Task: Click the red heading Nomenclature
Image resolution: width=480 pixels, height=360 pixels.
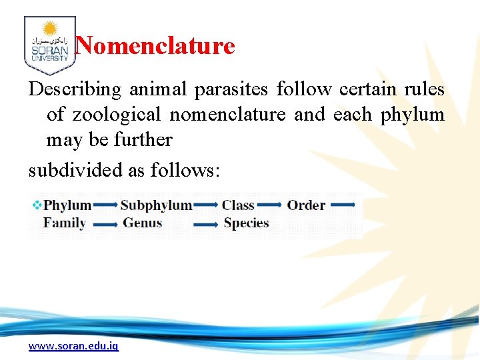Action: (155, 46)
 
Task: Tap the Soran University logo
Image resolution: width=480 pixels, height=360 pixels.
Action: (49, 45)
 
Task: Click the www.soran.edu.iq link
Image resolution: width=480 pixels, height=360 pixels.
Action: (73, 346)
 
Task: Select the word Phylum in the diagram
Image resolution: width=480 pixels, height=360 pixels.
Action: (67, 205)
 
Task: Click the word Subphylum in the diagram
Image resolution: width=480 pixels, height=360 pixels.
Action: (156, 205)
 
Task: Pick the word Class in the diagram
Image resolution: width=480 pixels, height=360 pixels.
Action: (238, 205)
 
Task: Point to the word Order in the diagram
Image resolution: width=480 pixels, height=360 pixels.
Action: (306, 205)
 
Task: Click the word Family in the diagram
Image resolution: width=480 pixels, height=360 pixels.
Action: (64, 223)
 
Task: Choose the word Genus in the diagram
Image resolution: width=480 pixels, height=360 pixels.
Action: (142, 223)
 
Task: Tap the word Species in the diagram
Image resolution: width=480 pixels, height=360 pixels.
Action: (246, 223)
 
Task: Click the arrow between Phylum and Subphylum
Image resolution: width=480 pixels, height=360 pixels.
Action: (105, 205)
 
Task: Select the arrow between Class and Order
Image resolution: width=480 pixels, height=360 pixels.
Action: (270, 205)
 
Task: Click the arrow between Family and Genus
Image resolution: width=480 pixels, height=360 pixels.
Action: (105, 225)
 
